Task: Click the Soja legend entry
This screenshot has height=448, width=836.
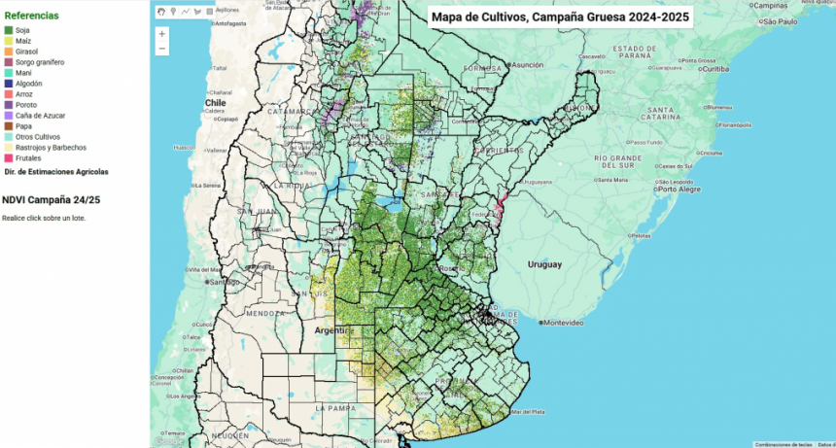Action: (21, 30)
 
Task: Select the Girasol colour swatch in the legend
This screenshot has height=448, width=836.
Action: (9, 52)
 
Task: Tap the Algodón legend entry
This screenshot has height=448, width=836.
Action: (28, 84)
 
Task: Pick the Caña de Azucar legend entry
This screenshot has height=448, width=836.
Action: (40, 115)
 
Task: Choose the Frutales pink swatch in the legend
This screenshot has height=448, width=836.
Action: (9, 157)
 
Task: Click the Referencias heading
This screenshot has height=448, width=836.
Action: (31, 16)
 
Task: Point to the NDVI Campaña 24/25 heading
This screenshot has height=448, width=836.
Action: (51, 199)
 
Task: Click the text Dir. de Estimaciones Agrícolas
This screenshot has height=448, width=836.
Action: (56, 171)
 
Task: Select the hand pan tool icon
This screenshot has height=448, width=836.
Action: (161, 12)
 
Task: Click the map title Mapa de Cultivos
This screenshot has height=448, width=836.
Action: (560, 17)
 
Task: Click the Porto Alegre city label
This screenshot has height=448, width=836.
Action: (680, 189)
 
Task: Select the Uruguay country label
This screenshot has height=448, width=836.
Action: (544, 264)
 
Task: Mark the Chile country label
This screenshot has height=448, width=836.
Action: (215, 102)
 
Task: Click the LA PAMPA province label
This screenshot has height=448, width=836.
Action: (337, 408)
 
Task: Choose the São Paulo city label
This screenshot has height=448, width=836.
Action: (781, 20)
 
